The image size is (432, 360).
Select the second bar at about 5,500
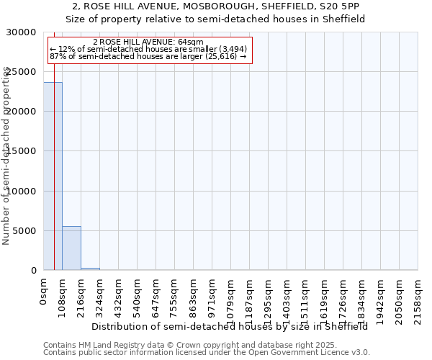(x=71, y=248)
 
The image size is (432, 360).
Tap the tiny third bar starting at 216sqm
(x=90, y=269)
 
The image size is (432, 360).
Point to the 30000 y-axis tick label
(x=21, y=32)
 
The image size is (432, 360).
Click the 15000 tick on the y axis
(x=21, y=151)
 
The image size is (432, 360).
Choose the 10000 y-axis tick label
(x=21, y=192)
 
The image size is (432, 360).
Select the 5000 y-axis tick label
(x=24, y=231)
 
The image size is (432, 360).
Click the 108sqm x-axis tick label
(x=63, y=294)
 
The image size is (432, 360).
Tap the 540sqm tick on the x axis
(x=138, y=294)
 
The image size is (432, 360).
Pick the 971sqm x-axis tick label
(x=212, y=294)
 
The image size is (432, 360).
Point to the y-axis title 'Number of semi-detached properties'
(x=6, y=156)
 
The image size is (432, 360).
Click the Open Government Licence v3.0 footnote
(x=207, y=352)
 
